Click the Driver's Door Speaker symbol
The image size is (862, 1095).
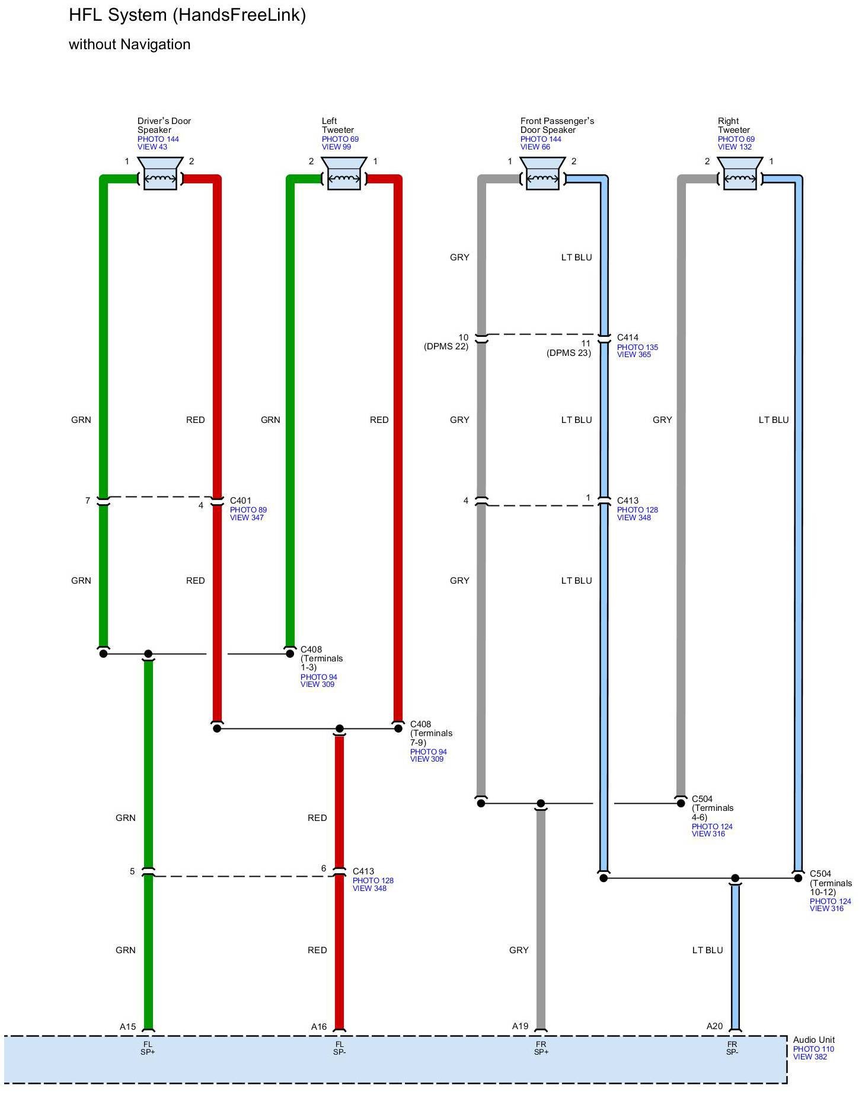click(160, 173)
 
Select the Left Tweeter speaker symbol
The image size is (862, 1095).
click(344, 173)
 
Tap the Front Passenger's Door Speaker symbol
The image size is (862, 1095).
click(542, 173)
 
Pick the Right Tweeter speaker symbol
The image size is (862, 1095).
click(740, 173)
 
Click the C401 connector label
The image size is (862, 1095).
click(241, 501)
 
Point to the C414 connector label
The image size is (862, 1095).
click(628, 338)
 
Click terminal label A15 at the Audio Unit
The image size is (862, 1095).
click(127, 1026)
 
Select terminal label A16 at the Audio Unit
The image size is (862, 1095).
click(319, 1026)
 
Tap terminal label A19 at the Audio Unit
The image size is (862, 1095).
click(520, 1026)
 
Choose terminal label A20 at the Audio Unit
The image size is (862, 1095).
click(714, 1026)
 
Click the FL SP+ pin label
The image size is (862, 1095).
click(148, 1048)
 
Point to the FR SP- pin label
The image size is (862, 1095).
click(732, 1048)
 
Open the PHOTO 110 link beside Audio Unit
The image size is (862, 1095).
click(813, 1049)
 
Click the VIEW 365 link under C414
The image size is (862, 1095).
click(634, 355)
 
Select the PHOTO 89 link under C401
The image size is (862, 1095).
click(248, 510)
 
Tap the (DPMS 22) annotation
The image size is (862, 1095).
click(446, 346)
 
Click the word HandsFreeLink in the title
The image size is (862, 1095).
click(240, 15)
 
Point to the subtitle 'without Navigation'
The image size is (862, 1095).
click(130, 44)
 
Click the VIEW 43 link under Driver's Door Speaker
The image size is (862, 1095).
click(152, 147)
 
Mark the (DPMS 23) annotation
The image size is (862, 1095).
click(569, 353)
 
